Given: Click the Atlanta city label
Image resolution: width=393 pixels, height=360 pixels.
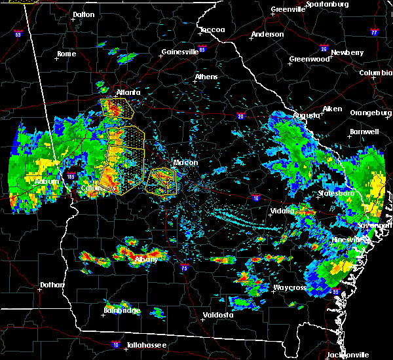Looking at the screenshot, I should point(128,92).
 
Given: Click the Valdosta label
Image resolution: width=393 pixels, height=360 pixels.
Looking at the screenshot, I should point(216,315).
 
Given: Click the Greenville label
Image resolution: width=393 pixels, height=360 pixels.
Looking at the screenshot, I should point(288,10).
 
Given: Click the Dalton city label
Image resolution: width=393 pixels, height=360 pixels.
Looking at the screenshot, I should point(83,14).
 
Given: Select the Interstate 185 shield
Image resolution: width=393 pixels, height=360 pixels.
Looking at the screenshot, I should point(70,176).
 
